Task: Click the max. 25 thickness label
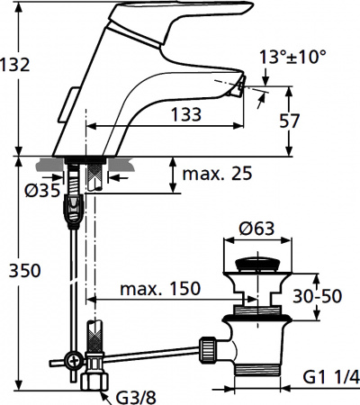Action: tap(218, 172)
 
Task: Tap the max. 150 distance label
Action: tap(162, 290)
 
